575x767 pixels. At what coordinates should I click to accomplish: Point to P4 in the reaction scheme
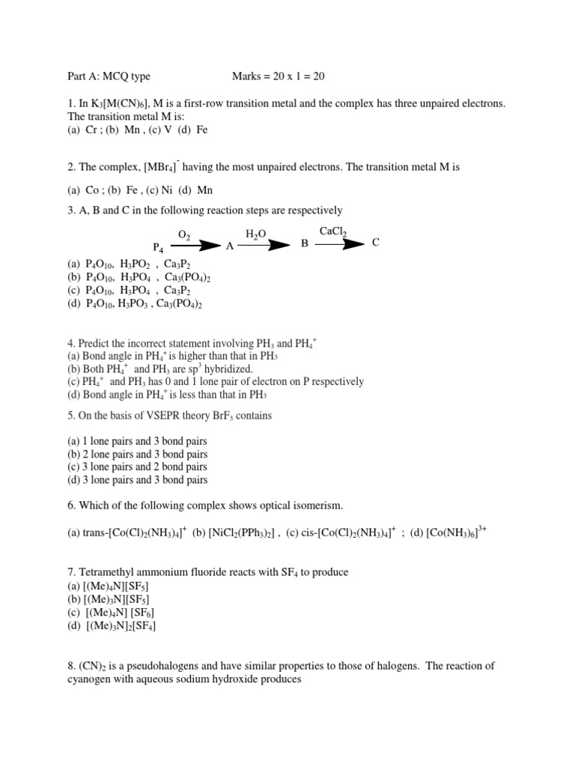[x=158, y=247]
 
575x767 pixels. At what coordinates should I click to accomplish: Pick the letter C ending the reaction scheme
[x=376, y=243]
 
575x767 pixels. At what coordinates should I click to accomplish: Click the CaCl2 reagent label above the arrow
[x=333, y=232]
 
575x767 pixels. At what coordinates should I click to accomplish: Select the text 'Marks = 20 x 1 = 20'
[x=279, y=76]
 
